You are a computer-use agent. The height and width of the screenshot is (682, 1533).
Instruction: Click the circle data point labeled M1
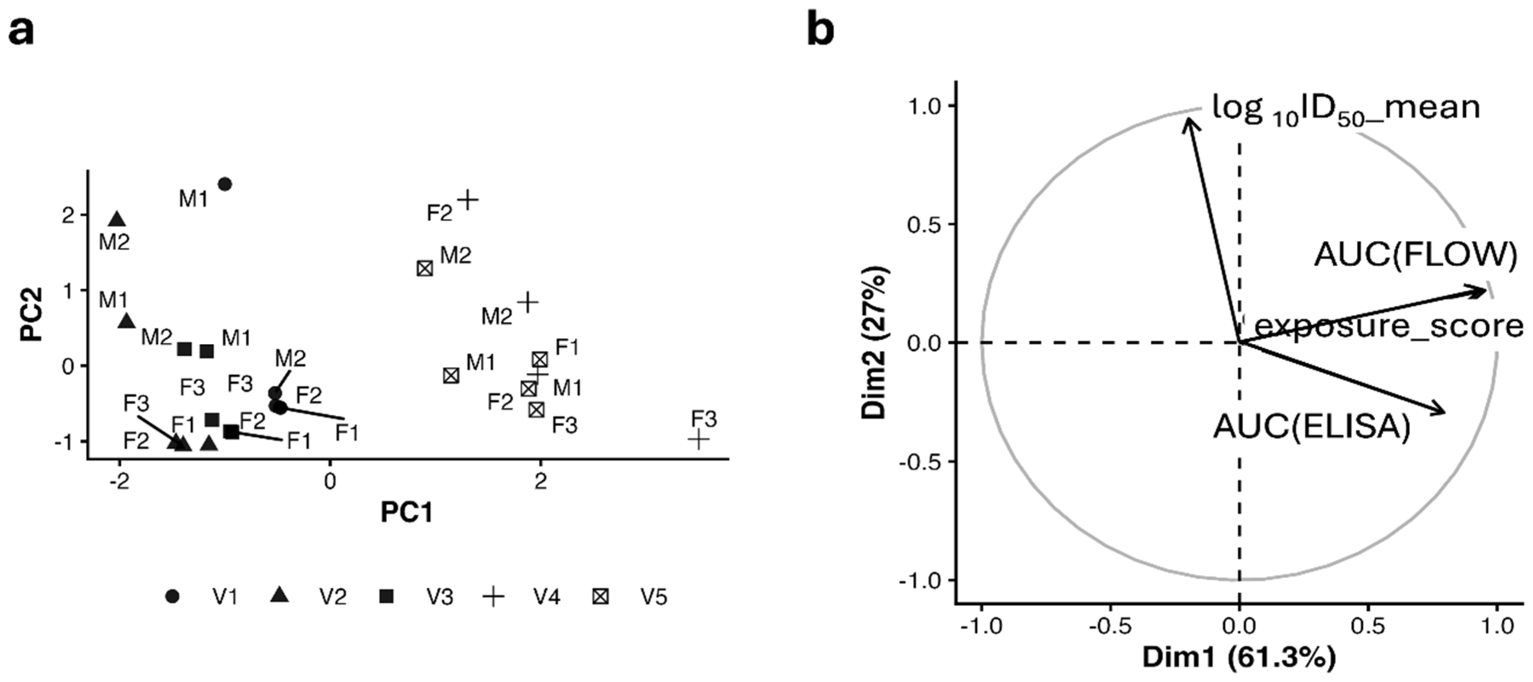(225, 184)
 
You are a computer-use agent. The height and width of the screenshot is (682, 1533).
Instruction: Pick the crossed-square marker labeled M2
(424, 268)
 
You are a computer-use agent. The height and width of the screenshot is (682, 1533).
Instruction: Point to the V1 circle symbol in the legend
(172, 596)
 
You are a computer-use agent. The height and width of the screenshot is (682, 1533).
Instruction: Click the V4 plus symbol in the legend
(494, 596)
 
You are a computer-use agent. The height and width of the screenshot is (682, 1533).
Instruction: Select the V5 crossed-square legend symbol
(600, 596)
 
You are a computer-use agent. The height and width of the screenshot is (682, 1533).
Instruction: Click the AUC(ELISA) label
(1312, 426)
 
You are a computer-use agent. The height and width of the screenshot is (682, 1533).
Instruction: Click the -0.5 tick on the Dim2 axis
(923, 462)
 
